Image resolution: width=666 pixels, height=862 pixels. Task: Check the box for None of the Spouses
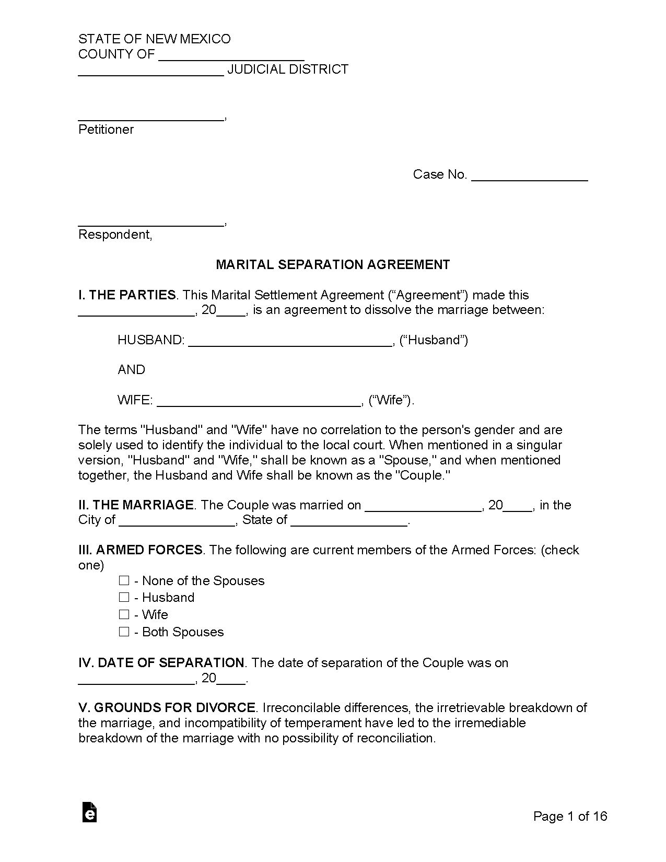coord(124,580)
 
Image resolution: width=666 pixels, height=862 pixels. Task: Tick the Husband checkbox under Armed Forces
coord(124,597)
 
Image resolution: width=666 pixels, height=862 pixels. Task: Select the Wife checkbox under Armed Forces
coord(124,614)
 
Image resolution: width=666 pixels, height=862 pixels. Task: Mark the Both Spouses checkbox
coord(124,632)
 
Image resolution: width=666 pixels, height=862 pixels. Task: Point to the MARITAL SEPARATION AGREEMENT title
coord(333,265)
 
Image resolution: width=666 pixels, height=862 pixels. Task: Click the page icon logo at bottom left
coord(90,812)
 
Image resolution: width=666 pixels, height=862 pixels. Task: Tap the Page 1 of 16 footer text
coord(570,816)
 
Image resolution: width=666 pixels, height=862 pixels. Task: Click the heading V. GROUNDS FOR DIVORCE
coord(167,708)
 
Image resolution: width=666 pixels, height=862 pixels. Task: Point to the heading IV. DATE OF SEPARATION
coord(161,663)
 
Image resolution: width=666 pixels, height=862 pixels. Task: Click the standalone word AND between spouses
coord(132,370)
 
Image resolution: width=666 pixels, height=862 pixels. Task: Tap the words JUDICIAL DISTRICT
coord(288,69)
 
